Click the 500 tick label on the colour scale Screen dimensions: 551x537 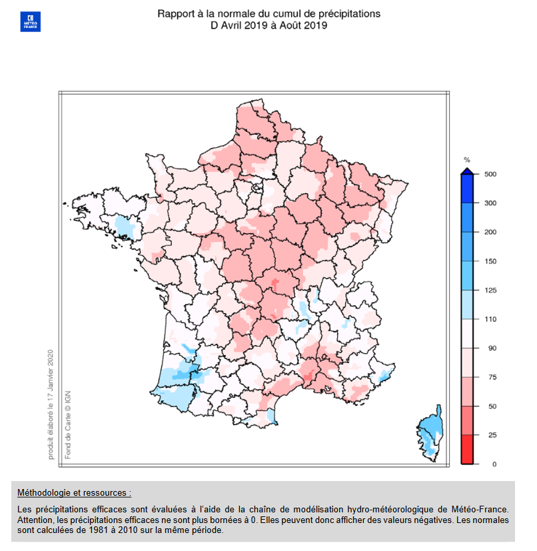(x=492, y=174)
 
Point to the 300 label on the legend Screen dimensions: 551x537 (x=492, y=203)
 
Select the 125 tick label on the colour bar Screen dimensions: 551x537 (x=492, y=290)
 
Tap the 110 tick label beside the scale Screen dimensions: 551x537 (x=492, y=319)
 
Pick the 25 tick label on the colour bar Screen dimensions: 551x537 (x=492, y=435)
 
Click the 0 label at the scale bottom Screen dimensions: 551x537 (x=494, y=464)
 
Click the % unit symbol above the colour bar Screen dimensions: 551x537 (x=467, y=160)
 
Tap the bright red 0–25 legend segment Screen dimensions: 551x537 (x=468, y=449)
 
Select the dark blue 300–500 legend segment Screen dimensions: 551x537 (x=468, y=189)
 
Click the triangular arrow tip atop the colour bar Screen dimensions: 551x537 (x=468, y=171)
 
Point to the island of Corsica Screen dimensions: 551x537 (x=431, y=430)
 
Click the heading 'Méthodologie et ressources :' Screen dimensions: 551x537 (x=74, y=493)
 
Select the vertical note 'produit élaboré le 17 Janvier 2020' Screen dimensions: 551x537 (x=50, y=404)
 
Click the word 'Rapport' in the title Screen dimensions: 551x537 (x=175, y=13)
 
